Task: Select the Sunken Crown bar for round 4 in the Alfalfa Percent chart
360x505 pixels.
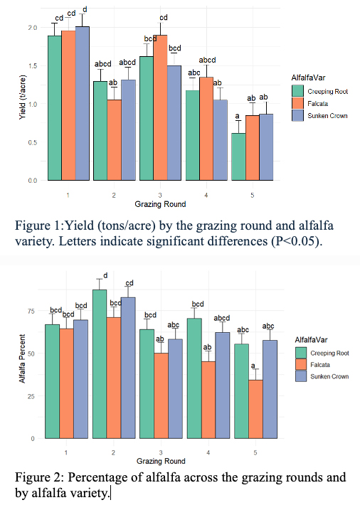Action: tap(222, 384)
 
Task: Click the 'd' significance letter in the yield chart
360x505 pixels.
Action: tap(85, 9)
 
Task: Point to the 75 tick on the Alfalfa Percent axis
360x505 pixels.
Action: tap(31, 311)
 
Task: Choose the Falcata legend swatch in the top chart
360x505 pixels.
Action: tap(297, 102)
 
